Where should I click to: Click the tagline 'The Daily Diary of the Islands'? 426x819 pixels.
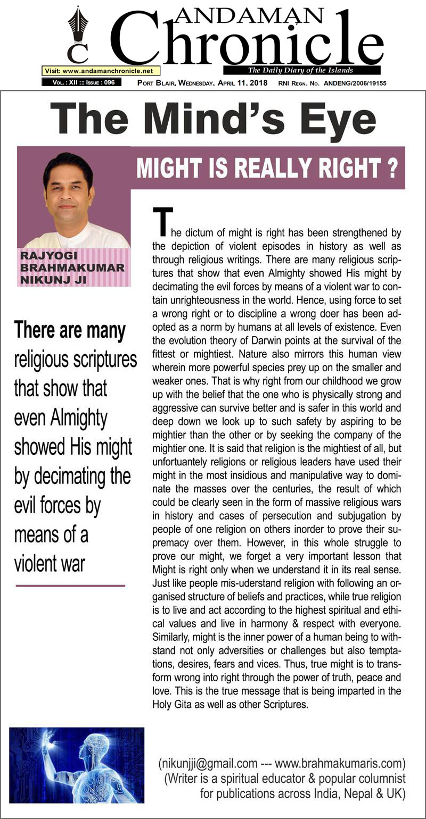[x=301, y=70]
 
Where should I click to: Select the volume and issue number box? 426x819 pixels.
[x=81, y=82]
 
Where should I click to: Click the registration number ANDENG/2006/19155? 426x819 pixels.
[x=361, y=83]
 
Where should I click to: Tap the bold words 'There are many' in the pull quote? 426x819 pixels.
[x=70, y=330]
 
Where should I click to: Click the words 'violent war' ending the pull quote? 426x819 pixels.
[x=50, y=563]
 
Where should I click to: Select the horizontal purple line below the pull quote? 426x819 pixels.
[x=70, y=586]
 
